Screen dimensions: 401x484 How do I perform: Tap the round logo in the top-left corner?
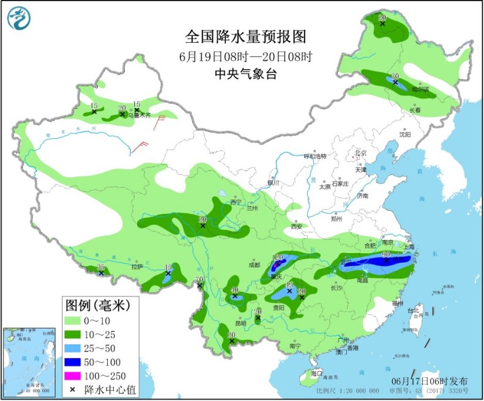point(18,18)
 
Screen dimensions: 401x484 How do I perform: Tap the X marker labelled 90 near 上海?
point(386,260)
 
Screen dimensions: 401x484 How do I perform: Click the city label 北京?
point(361,153)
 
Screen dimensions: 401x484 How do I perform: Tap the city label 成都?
point(255,265)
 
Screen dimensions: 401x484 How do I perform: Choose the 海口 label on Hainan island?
point(316,372)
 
